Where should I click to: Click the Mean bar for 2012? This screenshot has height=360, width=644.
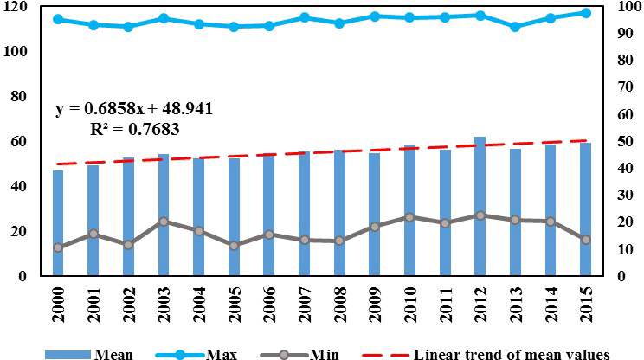coord(480,208)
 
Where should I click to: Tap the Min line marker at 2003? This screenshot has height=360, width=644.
coord(164,222)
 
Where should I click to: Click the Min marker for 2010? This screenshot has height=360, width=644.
coord(409,217)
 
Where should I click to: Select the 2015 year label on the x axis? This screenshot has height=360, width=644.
coord(586,306)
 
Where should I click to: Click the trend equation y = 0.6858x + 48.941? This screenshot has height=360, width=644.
coord(133,110)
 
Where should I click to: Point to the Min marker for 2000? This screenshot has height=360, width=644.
coord(58,247)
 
